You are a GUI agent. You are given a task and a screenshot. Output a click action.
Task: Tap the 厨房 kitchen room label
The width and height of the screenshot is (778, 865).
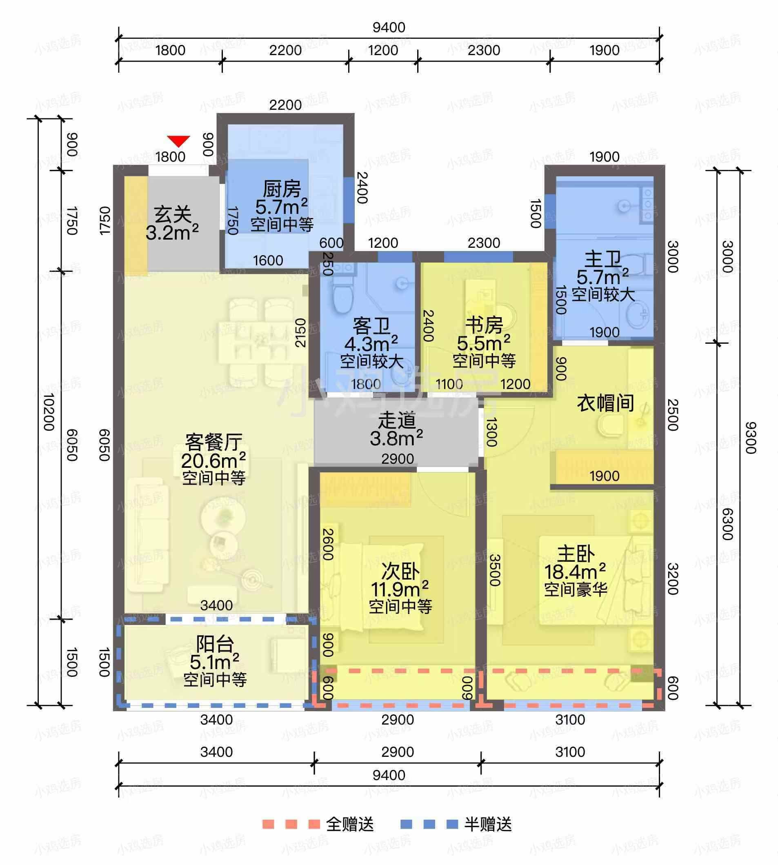pos(282,189)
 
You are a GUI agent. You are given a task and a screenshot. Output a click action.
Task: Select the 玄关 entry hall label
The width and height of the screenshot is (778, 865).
pos(173,215)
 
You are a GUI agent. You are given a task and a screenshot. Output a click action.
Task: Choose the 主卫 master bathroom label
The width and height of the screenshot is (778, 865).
pos(603,259)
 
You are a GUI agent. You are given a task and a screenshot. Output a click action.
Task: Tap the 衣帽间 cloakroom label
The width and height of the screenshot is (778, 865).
pos(605,403)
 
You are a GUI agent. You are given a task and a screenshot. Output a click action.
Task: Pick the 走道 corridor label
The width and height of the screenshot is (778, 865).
pos(397,421)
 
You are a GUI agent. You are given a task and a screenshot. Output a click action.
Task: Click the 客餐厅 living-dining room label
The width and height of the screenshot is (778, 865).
pos(214,442)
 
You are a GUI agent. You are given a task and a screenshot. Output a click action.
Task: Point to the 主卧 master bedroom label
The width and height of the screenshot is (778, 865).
pos(576,555)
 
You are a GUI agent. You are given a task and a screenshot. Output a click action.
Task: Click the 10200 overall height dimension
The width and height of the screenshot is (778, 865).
pos(49,412)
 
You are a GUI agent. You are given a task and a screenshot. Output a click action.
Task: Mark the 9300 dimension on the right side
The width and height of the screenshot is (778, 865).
pos(751,438)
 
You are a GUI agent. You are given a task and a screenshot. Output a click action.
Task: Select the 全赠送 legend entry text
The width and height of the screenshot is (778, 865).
pos(350,824)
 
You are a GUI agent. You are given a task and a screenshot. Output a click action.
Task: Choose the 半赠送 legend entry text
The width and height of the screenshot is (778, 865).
pos(488,824)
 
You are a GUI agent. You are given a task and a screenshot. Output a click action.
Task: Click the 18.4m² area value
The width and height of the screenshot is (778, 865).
pos(575,572)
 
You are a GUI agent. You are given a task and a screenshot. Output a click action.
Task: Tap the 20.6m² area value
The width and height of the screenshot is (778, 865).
pos(213,460)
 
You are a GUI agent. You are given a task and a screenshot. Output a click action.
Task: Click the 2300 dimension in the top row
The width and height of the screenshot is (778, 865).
pos(484,51)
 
